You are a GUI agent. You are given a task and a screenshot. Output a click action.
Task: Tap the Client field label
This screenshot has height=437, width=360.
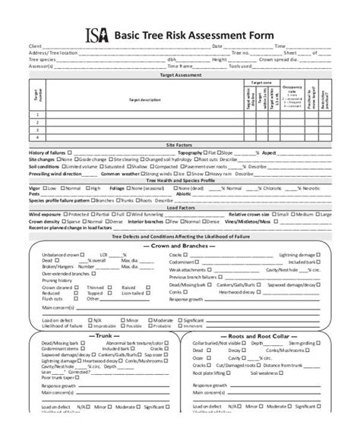(35, 46)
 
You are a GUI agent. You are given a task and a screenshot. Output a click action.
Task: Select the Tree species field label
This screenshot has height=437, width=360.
(42, 58)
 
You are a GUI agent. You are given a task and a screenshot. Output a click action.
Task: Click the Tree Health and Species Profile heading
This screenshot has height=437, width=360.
(179, 180)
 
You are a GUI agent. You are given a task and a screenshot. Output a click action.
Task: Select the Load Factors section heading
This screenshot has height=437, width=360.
(179, 206)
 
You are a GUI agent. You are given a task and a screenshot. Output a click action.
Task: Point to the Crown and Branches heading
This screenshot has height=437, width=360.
(179, 247)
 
